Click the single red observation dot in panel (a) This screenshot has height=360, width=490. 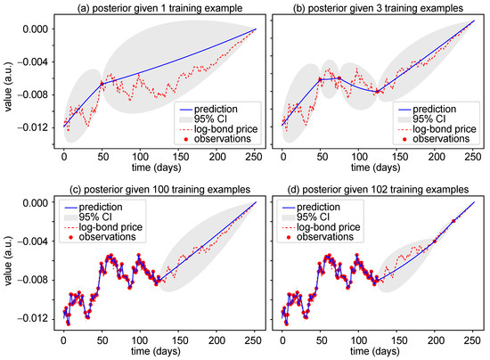[102, 83]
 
